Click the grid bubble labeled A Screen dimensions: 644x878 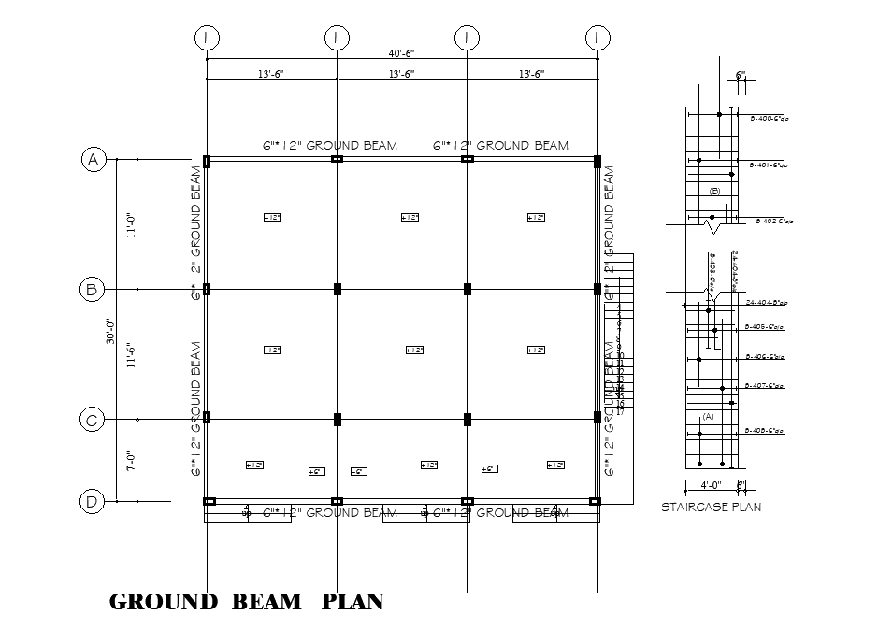[92, 160]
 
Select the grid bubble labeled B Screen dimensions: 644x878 [92, 290]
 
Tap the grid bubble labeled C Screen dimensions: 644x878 [92, 421]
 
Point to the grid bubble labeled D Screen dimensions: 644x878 [92, 502]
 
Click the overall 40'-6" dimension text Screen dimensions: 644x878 [402, 53]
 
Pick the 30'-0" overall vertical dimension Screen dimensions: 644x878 [109, 333]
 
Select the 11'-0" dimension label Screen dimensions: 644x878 [132, 224]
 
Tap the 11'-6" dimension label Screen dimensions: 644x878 [132, 355]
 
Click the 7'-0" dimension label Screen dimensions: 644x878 [132, 462]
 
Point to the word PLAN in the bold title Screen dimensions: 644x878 [353, 601]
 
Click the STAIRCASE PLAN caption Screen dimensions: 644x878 [711, 508]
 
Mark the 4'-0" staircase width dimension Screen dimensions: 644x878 [711, 485]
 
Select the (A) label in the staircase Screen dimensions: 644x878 [708, 418]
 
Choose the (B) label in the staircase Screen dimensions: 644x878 [714, 192]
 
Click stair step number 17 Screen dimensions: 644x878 [620, 411]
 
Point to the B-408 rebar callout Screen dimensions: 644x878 [764, 431]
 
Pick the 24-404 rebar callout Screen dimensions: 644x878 [766, 303]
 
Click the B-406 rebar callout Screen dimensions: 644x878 [764, 356]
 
